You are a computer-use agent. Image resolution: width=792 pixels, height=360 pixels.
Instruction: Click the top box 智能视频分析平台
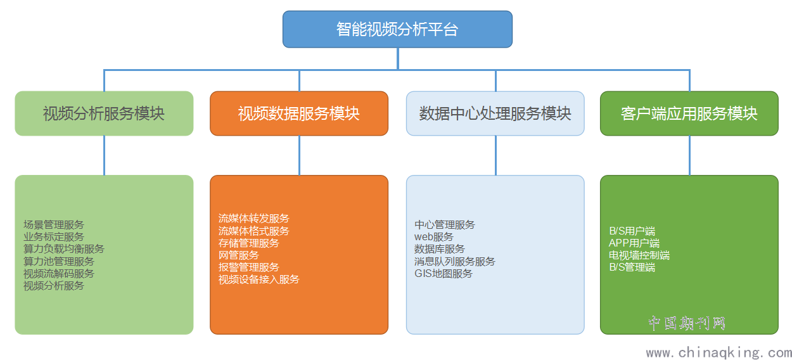coord(397,29)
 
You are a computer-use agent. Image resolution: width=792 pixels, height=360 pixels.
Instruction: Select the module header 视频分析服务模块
coord(104,113)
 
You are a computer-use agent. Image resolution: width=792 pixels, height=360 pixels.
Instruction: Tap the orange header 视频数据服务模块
coord(299,113)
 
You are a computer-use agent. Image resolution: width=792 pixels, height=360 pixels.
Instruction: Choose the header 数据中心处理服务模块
coord(495,113)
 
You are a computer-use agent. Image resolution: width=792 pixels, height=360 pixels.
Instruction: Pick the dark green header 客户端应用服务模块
coord(689,113)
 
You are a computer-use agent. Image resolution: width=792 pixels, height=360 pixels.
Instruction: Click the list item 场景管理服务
coord(54,225)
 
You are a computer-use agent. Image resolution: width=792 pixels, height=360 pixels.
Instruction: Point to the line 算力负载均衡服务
coord(64,249)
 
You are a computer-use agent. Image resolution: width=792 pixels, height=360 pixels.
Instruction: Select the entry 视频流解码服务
coord(59,274)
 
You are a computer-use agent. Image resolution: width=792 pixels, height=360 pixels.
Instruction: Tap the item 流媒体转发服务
coord(254,219)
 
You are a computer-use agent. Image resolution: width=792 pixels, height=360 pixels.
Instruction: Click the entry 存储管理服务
coord(249,243)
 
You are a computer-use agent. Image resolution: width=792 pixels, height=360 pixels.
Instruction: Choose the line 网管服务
coord(239,255)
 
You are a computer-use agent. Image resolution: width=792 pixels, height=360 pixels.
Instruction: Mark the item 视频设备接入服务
coord(259,280)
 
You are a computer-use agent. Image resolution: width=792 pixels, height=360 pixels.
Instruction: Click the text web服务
coord(434,237)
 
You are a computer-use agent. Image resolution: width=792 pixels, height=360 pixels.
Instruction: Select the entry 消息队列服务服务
coord(455,262)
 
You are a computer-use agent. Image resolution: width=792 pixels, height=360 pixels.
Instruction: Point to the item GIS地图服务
coord(444,274)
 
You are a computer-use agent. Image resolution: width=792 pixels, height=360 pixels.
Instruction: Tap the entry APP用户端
coord(634,243)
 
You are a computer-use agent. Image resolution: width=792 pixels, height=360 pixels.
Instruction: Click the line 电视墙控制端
coord(639,255)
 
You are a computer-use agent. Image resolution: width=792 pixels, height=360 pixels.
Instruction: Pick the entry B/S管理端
coord(632,267)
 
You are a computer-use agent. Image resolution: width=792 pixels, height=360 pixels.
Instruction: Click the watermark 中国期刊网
coord(687,323)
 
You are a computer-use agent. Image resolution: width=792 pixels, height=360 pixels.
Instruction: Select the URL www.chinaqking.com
coord(719,352)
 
